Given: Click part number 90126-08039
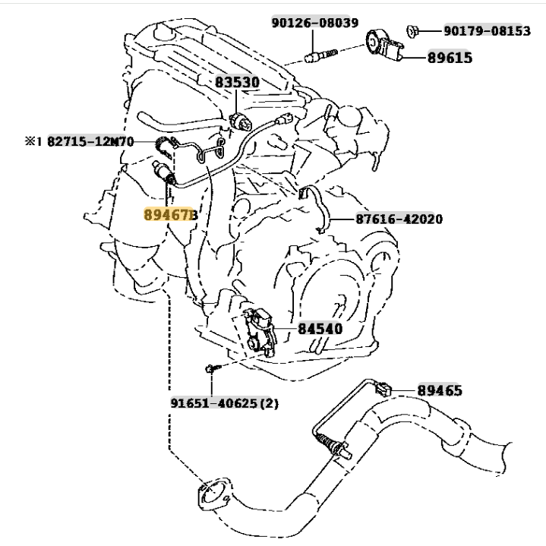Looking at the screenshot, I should [314, 24].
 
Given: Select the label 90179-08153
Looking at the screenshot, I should [486, 31].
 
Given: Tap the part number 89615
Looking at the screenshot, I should [449, 57].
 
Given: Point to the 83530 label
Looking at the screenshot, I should [236, 82].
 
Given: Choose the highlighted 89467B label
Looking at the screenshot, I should [171, 215].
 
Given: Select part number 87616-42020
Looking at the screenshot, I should [399, 219].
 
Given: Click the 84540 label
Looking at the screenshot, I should [320, 329].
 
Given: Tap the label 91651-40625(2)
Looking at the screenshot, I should [224, 403].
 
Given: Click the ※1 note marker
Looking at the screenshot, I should [33, 141].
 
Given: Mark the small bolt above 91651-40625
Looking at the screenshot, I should [210, 369].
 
